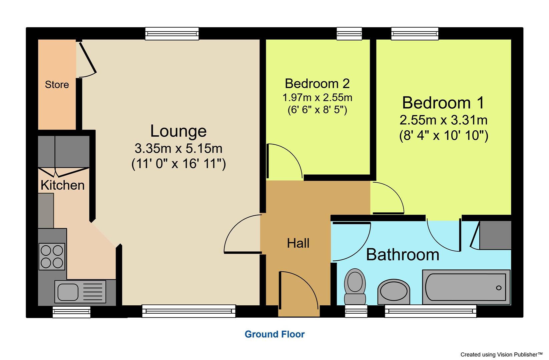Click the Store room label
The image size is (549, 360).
coord(57,85)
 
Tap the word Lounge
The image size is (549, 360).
coord(178,131)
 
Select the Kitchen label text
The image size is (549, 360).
coord(62,185)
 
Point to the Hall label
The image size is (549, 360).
coord(298,243)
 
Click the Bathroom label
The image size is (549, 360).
coord(402,255)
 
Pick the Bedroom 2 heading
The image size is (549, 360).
coord(317,83)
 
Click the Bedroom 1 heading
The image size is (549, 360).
coord(443,103)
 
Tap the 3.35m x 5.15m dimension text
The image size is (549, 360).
coord(178,148)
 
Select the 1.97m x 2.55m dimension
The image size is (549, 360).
coord(317,98)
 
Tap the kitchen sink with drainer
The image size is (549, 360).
coord(80,291)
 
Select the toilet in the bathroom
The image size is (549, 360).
coord(355,286)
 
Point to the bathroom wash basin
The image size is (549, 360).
coord(394,292)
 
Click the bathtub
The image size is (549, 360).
coord(466,287)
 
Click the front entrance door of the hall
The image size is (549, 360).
coord(299,295)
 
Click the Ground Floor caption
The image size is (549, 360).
coord(274,334)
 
